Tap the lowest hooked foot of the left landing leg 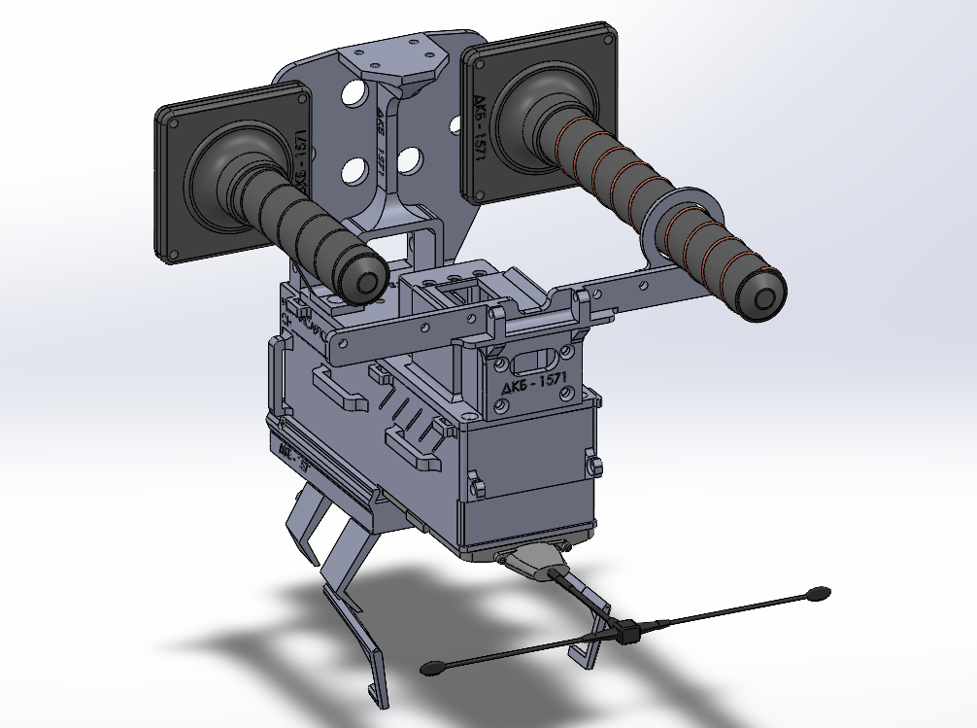click(x=377, y=692)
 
